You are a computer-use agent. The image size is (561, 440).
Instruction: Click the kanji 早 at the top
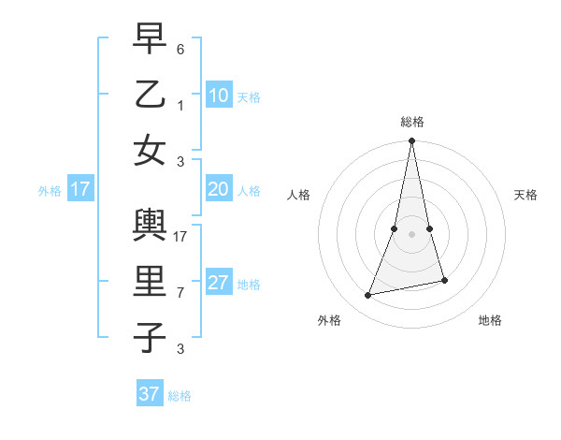(x=150, y=39)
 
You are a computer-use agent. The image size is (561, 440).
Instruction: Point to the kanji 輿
(x=150, y=226)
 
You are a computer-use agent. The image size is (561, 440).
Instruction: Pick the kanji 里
(x=150, y=282)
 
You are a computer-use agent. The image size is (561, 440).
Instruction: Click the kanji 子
(x=150, y=337)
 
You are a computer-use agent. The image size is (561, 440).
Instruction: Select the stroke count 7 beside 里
(x=180, y=293)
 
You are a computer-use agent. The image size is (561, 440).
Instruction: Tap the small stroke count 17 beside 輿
(x=181, y=237)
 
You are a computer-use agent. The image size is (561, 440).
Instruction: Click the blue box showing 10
(x=218, y=95)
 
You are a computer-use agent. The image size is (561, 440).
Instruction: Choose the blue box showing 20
(x=218, y=190)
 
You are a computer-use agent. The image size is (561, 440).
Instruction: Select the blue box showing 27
(x=218, y=284)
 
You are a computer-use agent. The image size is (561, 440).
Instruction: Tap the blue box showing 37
(x=149, y=394)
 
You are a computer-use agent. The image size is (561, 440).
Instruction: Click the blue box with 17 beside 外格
(x=80, y=190)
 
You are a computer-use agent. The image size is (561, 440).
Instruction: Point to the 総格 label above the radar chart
(x=412, y=122)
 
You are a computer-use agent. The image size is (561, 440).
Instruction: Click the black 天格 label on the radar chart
(x=526, y=195)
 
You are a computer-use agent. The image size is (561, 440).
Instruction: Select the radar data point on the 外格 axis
(x=368, y=296)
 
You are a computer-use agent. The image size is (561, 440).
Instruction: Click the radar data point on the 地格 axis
(x=444, y=280)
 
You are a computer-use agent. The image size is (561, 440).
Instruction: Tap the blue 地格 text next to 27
(x=250, y=285)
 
